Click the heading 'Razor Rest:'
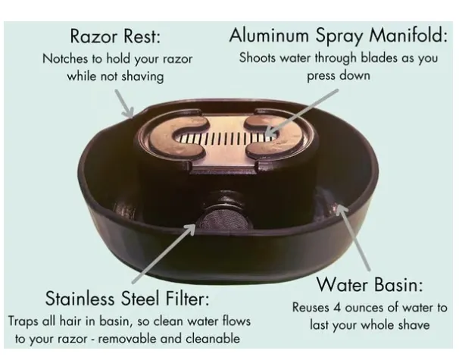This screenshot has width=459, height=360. tap(115, 36)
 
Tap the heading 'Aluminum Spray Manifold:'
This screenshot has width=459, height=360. tap(339, 36)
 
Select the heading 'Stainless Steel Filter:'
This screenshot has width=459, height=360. tap(128, 299)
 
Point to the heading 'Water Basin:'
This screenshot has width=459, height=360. tap(370, 284)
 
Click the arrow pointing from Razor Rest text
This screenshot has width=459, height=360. tap(124, 103)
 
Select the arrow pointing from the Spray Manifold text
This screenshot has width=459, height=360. tap(301, 112)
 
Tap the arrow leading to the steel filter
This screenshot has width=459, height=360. tap(164, 253)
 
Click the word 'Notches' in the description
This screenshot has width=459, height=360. tap(65, 59)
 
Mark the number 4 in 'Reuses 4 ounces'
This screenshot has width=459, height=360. tap(337, 308)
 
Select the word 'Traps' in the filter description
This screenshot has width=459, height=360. tap(23, 321)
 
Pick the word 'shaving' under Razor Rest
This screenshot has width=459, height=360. tap(142, 77)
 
